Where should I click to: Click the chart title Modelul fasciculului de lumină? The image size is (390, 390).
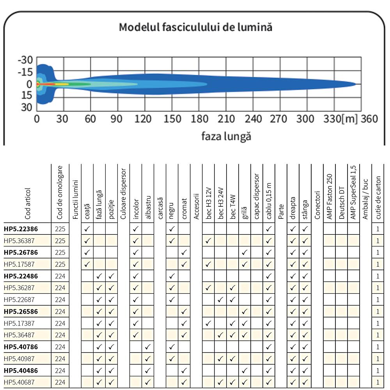tap(195, 27)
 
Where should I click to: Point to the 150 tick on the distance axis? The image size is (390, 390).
tap(172, 119)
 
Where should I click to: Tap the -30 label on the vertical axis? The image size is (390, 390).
tap(25, 60)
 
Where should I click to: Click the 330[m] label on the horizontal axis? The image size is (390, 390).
tap(340, 119)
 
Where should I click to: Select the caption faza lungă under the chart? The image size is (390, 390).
tap(226, 136)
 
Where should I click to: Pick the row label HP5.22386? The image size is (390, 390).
tap(21, 229)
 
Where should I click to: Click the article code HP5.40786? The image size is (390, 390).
tap(21, 347)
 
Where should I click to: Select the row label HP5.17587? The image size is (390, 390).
tap(19, 264)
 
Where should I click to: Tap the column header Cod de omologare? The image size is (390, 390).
tap(59, 193)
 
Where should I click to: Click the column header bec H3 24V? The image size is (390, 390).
tap(221, 203)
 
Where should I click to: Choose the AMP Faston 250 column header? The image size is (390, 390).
tap(329, 197)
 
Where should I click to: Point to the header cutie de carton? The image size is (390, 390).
tap(378, 198)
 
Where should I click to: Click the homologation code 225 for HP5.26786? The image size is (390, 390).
tap(60, 252)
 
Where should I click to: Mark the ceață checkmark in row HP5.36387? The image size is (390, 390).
tap(87, 241)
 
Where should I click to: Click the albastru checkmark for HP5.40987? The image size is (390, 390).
tap(148, 359)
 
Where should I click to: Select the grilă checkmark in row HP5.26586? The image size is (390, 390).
tap(245, 311)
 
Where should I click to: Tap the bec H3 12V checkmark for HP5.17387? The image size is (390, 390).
tap(208, 323)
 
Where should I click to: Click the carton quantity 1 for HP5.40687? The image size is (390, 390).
tap(378, 382)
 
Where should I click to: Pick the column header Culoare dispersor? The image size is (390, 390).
tap(123, 194)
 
